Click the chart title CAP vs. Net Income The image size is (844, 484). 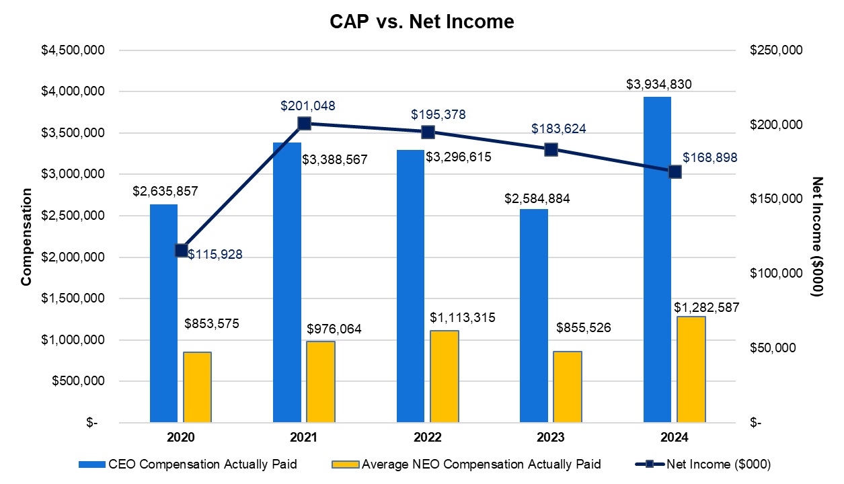click(x=422, y=22)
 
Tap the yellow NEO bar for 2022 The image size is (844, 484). click(x=444, y=376)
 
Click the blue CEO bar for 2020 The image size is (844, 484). click(x=163, y=313)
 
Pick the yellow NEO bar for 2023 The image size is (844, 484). click(x=568, y=387)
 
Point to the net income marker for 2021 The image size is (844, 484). click(x=304, y=123)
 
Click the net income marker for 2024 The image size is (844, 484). click(x=675, y=171)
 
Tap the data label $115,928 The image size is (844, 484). click(x=215, y=254)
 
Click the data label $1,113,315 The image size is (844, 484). click(x=463, y=317)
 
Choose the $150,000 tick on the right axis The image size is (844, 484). click(x=775, y=199)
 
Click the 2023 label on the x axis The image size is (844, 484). click(x=551, y=438)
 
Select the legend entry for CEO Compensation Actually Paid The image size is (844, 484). click(x=188, y=464)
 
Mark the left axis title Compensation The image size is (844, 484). click(x=26, y=237)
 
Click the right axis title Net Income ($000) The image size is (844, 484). click(x=817, y=237)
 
